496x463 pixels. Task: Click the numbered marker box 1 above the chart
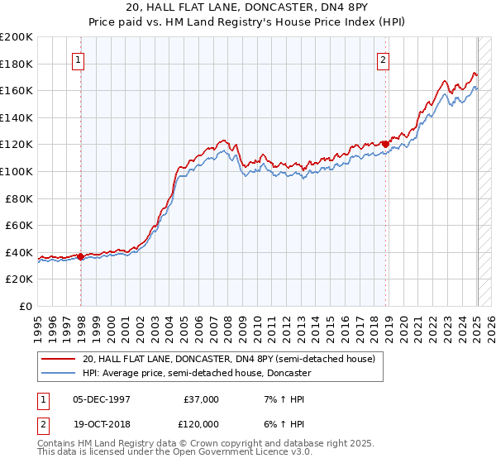[77, 60]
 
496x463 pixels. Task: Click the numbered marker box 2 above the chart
[384, 60]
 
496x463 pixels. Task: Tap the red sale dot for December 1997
[80, 256]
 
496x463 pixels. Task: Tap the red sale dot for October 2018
[386, 144]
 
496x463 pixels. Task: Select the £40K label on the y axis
[19, 252]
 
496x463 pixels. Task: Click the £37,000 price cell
[201, 399]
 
